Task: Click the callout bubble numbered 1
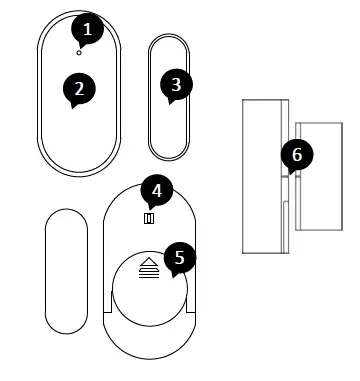(90, 30)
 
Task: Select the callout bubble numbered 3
(177, 85)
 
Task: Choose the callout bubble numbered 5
(179, 258)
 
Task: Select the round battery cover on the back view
(150, 290)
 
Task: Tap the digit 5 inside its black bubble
(179, 258)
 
